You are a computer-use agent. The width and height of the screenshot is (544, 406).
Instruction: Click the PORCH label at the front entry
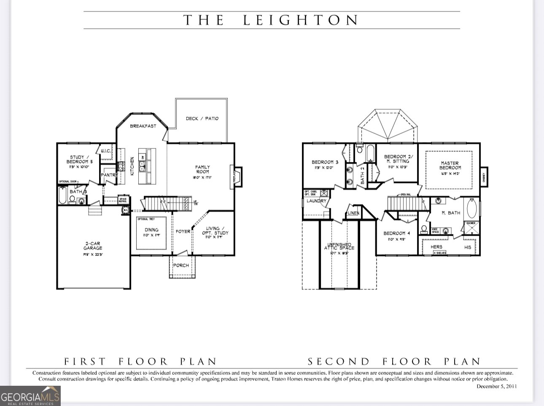[x=181, y=266]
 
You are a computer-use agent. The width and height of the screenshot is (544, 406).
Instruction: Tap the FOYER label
[x=183, y=231]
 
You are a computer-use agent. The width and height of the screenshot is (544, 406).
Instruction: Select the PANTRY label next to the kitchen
[x=107, y=175]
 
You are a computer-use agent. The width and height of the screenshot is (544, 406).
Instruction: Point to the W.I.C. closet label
[x=105, y=151]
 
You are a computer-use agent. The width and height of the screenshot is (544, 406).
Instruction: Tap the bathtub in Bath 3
[x=62, y=195]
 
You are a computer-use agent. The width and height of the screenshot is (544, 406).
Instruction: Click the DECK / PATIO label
[x=202, y=118]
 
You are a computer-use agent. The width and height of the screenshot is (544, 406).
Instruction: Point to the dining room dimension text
[x=151, y=235]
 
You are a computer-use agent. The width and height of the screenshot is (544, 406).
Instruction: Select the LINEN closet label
[x=353, y=213]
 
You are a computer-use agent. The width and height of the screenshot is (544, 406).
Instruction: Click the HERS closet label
[x=436, y=247]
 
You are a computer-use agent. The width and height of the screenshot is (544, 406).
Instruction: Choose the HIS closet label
[x=468, y=247]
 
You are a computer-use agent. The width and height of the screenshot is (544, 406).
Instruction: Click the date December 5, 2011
[x=496, y=386]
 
